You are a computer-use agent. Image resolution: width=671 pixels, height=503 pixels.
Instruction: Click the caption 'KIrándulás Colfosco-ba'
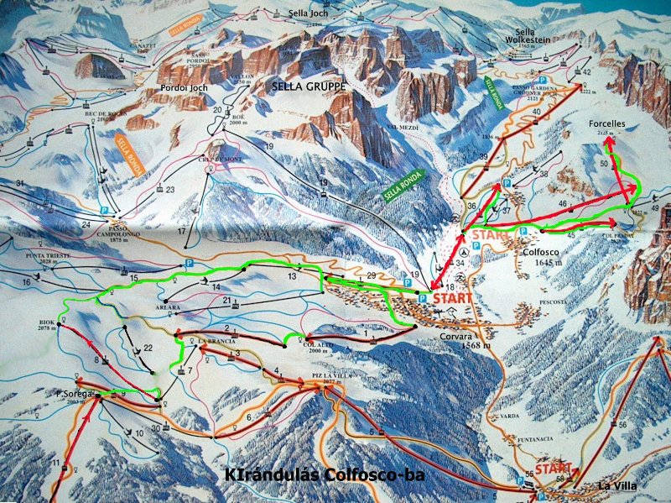[x=324, y=475]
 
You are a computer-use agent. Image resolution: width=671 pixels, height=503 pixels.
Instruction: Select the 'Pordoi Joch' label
[x=184, y=87]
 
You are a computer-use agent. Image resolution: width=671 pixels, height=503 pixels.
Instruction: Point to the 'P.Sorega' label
[x=74, y=392]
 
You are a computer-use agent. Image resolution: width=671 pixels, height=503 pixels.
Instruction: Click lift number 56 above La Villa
[x=622, y=425]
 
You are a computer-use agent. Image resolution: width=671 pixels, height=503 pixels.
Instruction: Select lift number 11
[x=55, y=464]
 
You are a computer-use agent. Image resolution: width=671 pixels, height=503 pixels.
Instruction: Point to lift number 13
[x=292, y=275]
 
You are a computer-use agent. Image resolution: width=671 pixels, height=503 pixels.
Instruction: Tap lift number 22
[x=148, y=347]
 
